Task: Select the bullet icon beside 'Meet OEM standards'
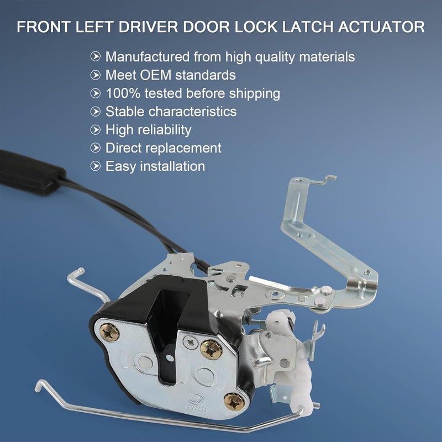click(x=96, y=75)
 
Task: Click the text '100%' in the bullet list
click(x=120, y=93)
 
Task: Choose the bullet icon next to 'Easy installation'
click(x=96, y=166)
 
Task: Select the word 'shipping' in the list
click(x=254, y=93)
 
